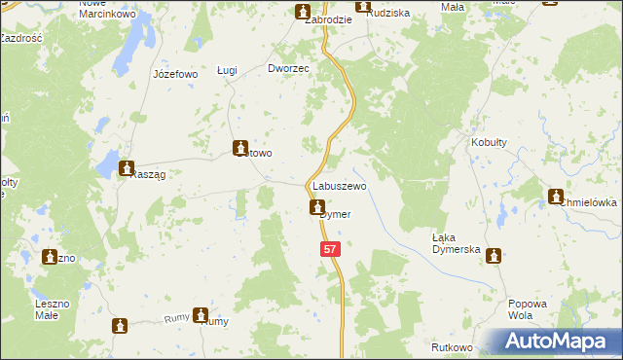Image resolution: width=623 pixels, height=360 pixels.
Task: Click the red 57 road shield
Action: point(331,250)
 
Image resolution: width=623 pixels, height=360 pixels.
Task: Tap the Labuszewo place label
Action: point(338,185)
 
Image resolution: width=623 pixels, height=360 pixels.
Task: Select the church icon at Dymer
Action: point(317,206)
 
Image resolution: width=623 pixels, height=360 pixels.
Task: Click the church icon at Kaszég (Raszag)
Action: point(126,168)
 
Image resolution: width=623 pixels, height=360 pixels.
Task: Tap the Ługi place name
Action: point(227,70)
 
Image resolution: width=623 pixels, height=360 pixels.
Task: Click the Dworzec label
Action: point(288,69)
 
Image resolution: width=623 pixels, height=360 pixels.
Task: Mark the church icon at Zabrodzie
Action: point(302,11)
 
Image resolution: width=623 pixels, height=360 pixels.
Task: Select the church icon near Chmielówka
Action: point(556,196)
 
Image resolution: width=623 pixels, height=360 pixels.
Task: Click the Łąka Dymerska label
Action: point(457,243)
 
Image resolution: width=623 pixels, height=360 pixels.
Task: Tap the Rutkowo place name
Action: point(451,347)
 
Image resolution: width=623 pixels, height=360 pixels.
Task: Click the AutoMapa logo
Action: point(554,341)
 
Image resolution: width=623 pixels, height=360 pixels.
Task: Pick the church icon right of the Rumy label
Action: point(201,315)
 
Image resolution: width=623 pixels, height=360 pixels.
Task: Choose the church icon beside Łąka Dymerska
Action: point(494,255)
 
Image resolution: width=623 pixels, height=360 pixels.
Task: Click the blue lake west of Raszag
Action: point(106,167)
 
